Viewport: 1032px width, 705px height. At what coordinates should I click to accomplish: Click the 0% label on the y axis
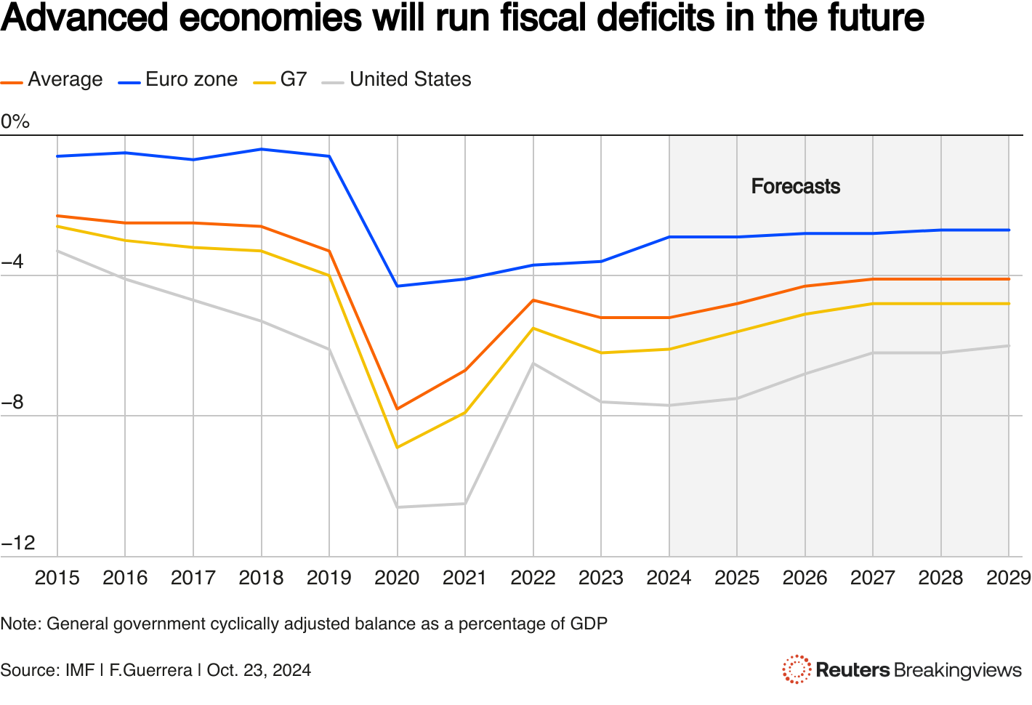(x=15, y=121)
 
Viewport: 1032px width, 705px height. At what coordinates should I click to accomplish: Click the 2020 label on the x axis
(x=397, y=578)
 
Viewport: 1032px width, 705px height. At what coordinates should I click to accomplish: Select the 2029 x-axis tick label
(x=1008, y=578)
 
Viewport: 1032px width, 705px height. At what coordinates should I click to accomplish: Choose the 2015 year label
(x=57, y=578)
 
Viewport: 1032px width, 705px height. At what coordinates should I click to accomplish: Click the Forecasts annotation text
(x=795, y=187)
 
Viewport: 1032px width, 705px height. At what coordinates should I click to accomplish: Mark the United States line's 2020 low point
(x=397, y=507)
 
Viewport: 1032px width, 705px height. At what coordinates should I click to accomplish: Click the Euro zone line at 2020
(x=397, y=286)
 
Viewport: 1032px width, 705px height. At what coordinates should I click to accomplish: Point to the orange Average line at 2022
(x=533, y=300)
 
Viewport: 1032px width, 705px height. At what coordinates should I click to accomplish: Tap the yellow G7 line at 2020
(x=397, y=448)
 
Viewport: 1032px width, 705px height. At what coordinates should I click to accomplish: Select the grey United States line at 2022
(x=533, y=363)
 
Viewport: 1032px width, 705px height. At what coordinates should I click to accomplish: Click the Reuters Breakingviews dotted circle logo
(x=797, y=669)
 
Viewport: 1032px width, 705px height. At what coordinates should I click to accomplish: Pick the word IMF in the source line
(x=80, y=670)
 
